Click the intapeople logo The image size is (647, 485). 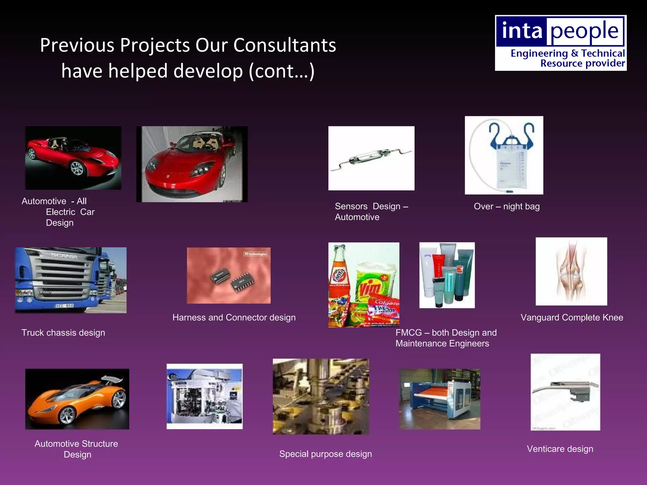click(x=560, y=43)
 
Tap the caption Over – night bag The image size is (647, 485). click(x=506, y=207)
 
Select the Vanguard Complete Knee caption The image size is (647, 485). click(x=571, y=317)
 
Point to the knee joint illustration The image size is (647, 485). click(x=571, y=272)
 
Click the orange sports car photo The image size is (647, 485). click(x=77, y=399)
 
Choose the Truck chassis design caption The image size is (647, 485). click(x=63, y=332)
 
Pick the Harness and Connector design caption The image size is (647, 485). click(x=234, y=317)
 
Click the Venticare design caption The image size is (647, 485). click(x=560, y=449)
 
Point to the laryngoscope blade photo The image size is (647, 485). click(x=565, y=392)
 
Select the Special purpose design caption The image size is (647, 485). click(x=325, y=454)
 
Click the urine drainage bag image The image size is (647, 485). click(x=504, y=155)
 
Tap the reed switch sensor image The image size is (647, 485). click(x=371, y=158)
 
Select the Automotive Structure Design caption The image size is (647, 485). click(x=76, y=449)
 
